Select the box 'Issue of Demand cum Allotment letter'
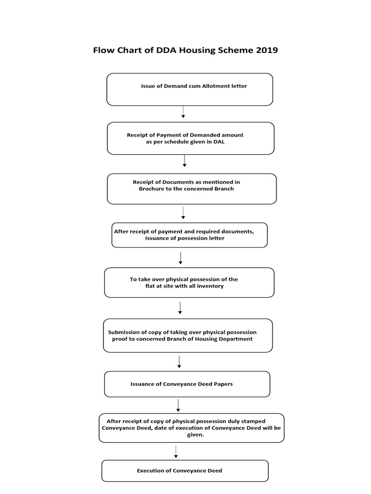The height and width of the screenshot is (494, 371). tap(189, 89)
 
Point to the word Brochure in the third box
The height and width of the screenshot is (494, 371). tap(152, 189)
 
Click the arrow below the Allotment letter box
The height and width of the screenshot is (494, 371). tap(183, 112)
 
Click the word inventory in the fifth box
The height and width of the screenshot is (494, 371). tap(208, 286)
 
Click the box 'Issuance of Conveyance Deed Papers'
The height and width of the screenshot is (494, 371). tap(187, 384)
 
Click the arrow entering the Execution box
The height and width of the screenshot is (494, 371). tap(176, 452)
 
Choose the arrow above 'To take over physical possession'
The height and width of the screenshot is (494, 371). tap(180, 258)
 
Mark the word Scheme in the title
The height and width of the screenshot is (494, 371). tap(233, 50)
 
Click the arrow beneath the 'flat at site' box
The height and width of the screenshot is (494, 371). tap(180, 308)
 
